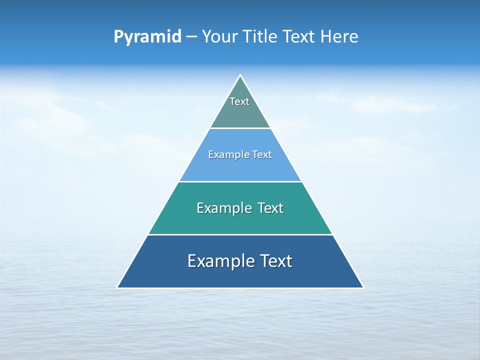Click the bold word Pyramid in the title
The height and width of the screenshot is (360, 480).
(x=147, y=37)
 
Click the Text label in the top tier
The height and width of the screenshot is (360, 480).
(x=239, y=101)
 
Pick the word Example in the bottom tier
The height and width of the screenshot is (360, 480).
(x=219, y=261)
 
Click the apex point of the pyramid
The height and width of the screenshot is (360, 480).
(x=240, y=75)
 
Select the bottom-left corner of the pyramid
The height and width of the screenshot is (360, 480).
(x=117, y=287)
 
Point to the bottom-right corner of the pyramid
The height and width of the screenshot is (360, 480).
(x=363, y=287)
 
